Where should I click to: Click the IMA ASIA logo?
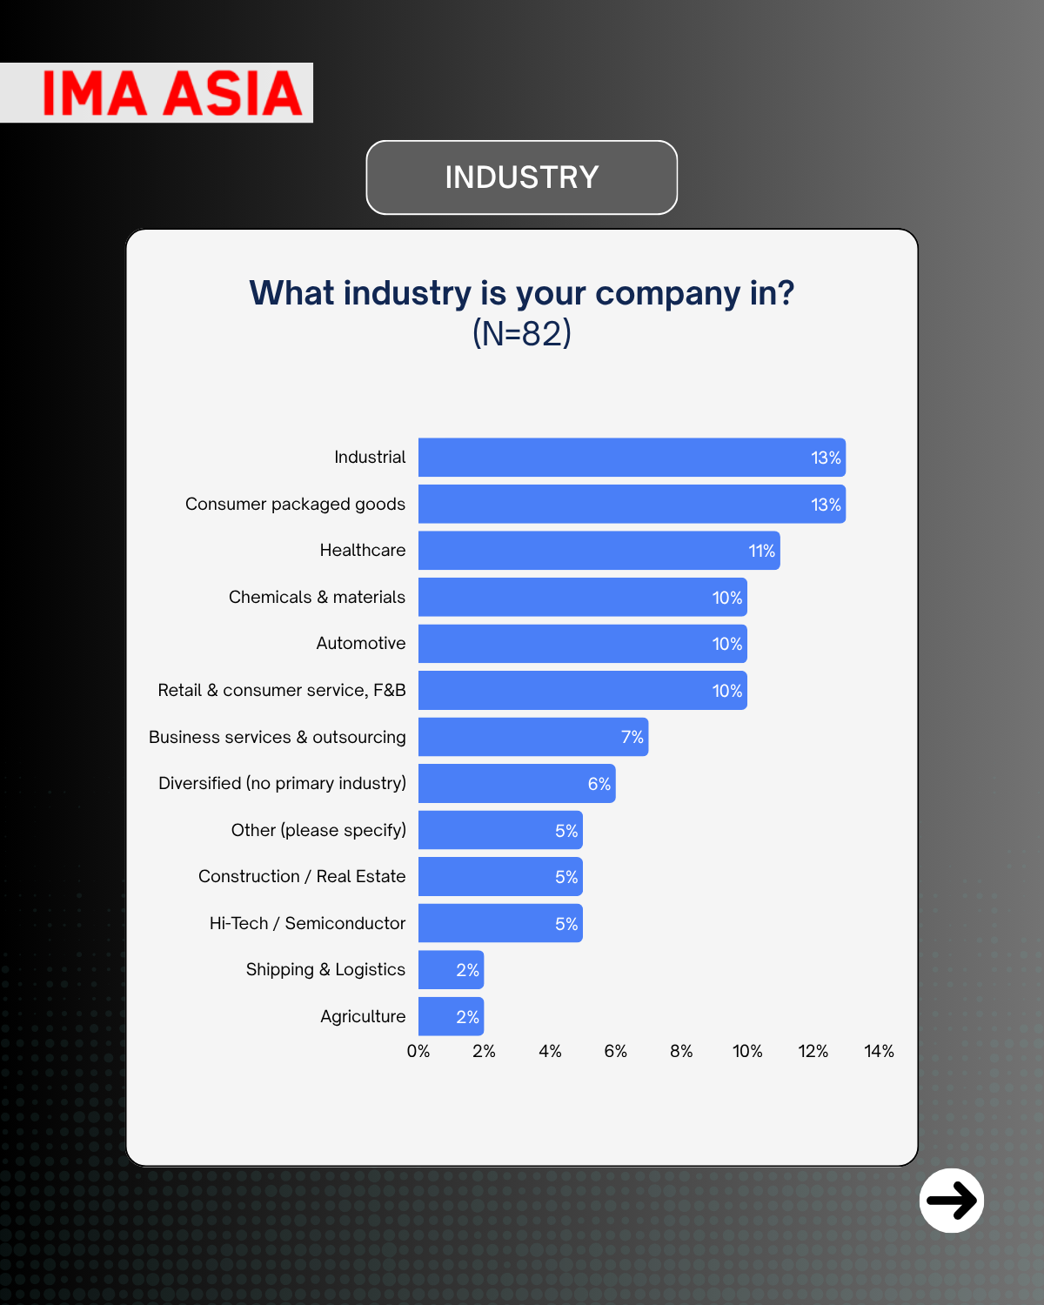point(171,93)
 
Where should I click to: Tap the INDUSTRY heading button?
point(522,177)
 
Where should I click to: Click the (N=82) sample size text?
point(522,333)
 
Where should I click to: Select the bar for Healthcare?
point(599,551)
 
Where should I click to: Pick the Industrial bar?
point(632,458)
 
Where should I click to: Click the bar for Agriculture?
point(451,1016)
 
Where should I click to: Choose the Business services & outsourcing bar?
point(532,737)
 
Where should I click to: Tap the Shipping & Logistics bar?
point(451,970)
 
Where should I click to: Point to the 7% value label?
point(632,737)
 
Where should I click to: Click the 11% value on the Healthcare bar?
point(761,551)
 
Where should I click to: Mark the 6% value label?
point(599,784)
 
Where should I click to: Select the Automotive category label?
point(361,643)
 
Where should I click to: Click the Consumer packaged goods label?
point(295,504)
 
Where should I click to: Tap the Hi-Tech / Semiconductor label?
point(307,923)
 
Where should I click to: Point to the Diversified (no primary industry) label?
point(282,783)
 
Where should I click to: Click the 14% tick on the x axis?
point(879,1051)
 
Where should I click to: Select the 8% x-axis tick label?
point(681,1051)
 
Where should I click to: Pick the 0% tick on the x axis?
point(418,1051)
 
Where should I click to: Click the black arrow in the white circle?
point(952,1201)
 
